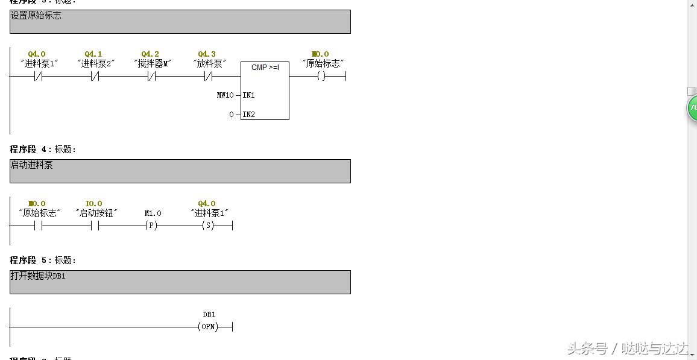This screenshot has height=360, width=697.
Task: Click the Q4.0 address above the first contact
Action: [x=37, y=54]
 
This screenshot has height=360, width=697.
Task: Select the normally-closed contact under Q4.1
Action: [x=94, y=77]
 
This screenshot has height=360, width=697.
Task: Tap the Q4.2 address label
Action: [x=150, y=54]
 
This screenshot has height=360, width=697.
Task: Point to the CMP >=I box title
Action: [x=265, y=68]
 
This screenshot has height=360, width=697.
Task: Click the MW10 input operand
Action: [x=225, y=95]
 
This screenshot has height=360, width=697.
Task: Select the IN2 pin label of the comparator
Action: [x=249, y=115]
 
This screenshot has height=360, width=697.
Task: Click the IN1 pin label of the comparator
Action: [x=249, y=95]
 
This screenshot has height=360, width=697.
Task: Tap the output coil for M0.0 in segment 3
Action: [x=321, y=77]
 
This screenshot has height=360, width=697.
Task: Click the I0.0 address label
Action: [x=93, y=204]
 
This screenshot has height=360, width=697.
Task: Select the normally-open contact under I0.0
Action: [x=94, y=226]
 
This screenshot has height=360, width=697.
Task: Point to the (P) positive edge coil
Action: [x=151, y=226]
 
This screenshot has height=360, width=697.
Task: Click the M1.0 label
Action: [x=153, y=213]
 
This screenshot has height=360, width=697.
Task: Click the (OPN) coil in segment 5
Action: [x=208, y=327]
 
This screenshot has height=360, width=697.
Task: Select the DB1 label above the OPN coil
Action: [x=209, y=315]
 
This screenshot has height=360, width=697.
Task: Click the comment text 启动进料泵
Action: [x=31, y=165]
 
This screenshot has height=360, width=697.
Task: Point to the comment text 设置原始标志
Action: [x=36, y=15]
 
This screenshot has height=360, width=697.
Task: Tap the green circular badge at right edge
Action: [x=692, y=109]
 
